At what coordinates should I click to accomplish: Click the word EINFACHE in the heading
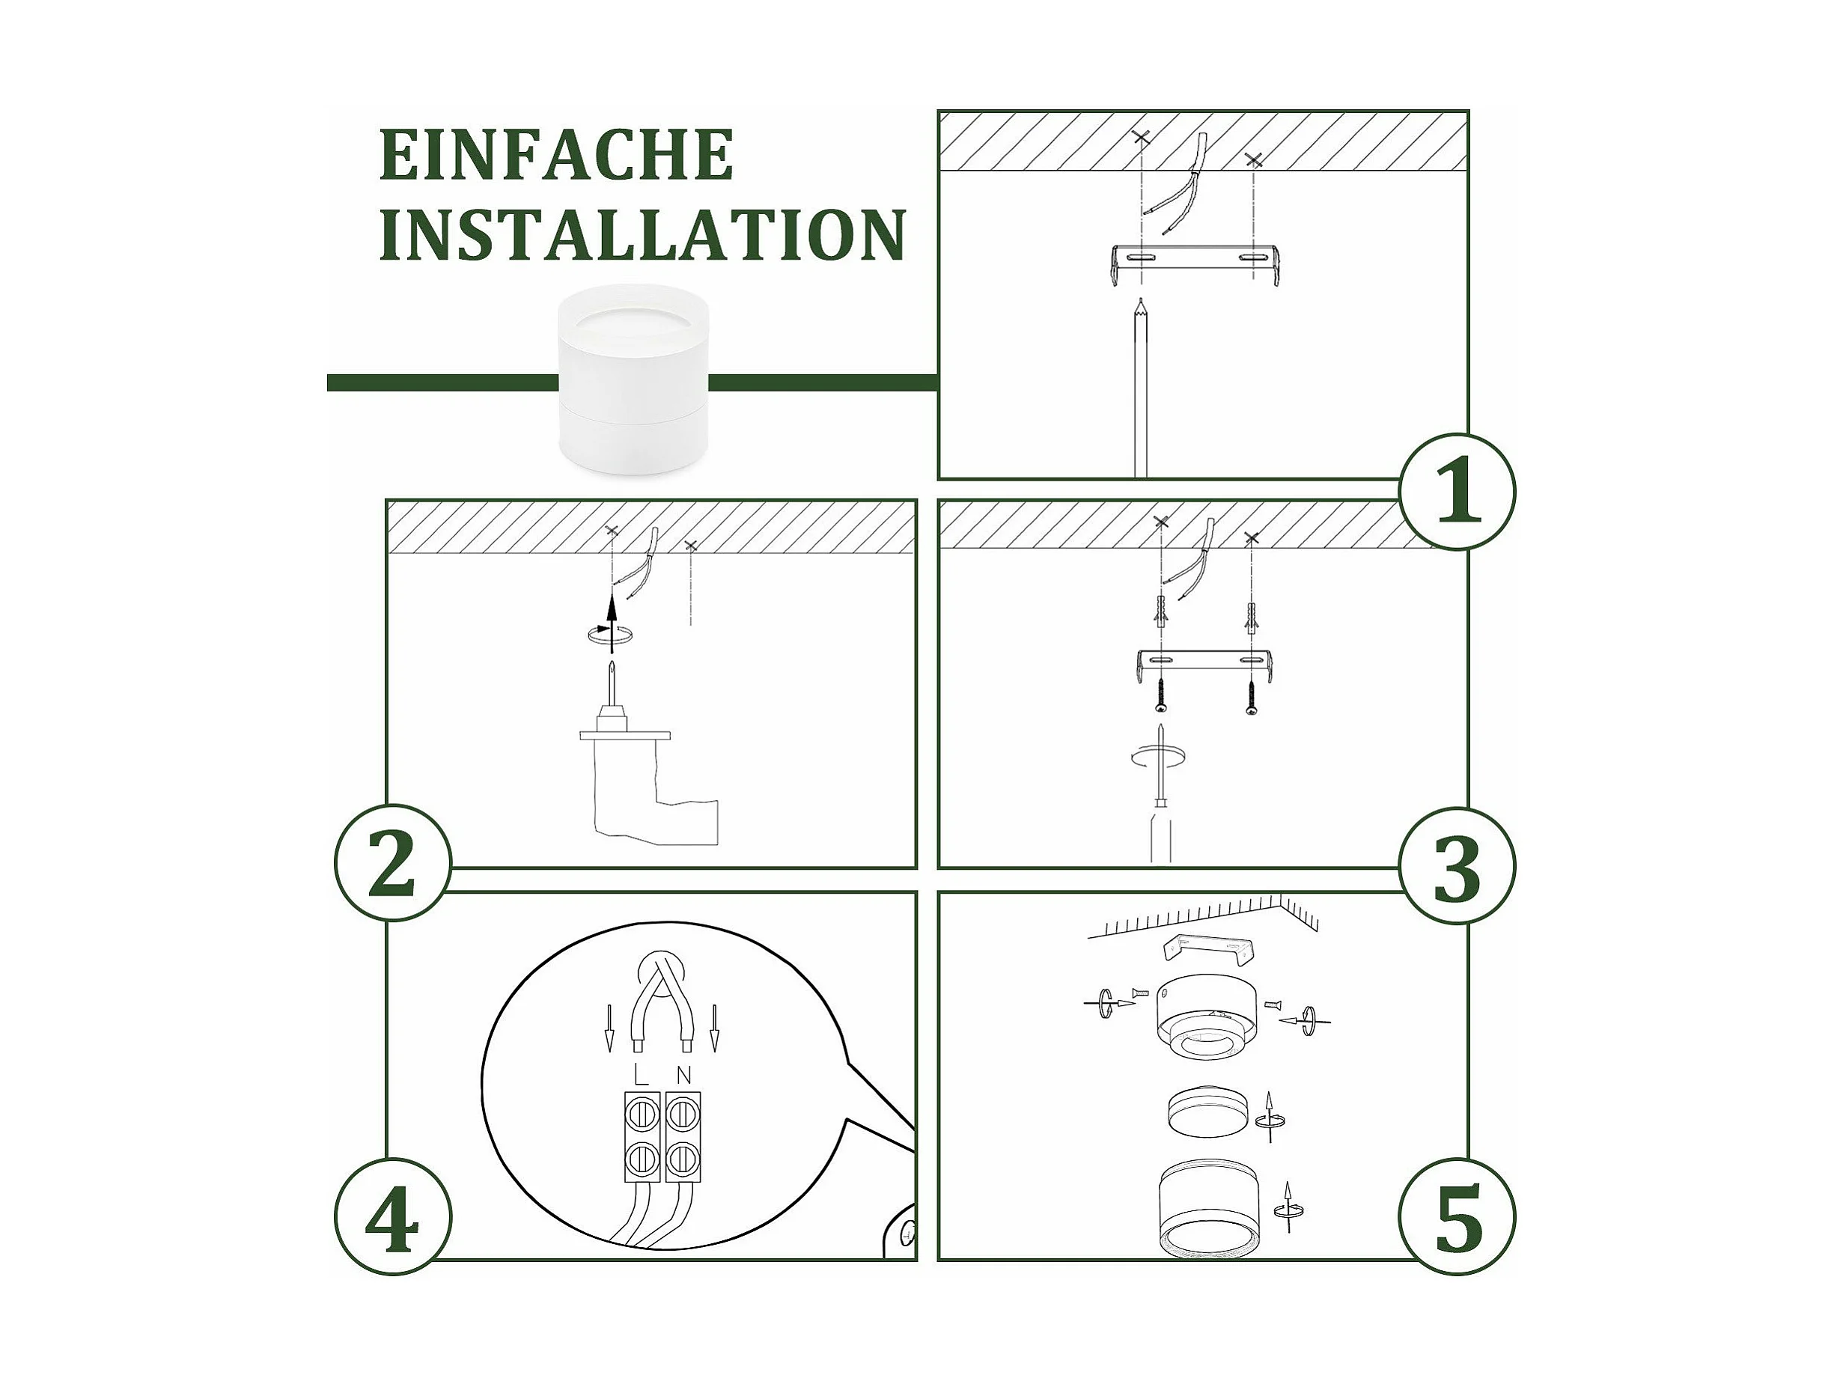click(557, 154)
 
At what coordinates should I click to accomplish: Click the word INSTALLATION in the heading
click(642, 235)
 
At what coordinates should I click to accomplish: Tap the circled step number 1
click(1457, 491)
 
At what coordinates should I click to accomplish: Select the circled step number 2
click(393, 862)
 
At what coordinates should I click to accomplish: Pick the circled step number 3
click(1457, 866)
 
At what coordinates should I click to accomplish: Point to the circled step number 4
click(393, 1217)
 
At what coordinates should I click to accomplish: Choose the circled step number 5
click(1457, 1217)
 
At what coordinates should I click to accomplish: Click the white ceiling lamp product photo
click(633, 379)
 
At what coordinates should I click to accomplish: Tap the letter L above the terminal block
click(641, 1075)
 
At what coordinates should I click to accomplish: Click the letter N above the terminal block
click(683, 1075)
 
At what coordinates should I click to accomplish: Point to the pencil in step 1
click(1140, 388)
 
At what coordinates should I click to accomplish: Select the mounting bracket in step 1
click(1195, 264)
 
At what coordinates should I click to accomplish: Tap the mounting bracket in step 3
click(1205, 665)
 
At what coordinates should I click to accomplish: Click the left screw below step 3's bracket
click(1160, 694)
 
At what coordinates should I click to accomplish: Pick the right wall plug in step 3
click(1251, 618)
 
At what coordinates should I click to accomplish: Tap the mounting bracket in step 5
click(1209, 948)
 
